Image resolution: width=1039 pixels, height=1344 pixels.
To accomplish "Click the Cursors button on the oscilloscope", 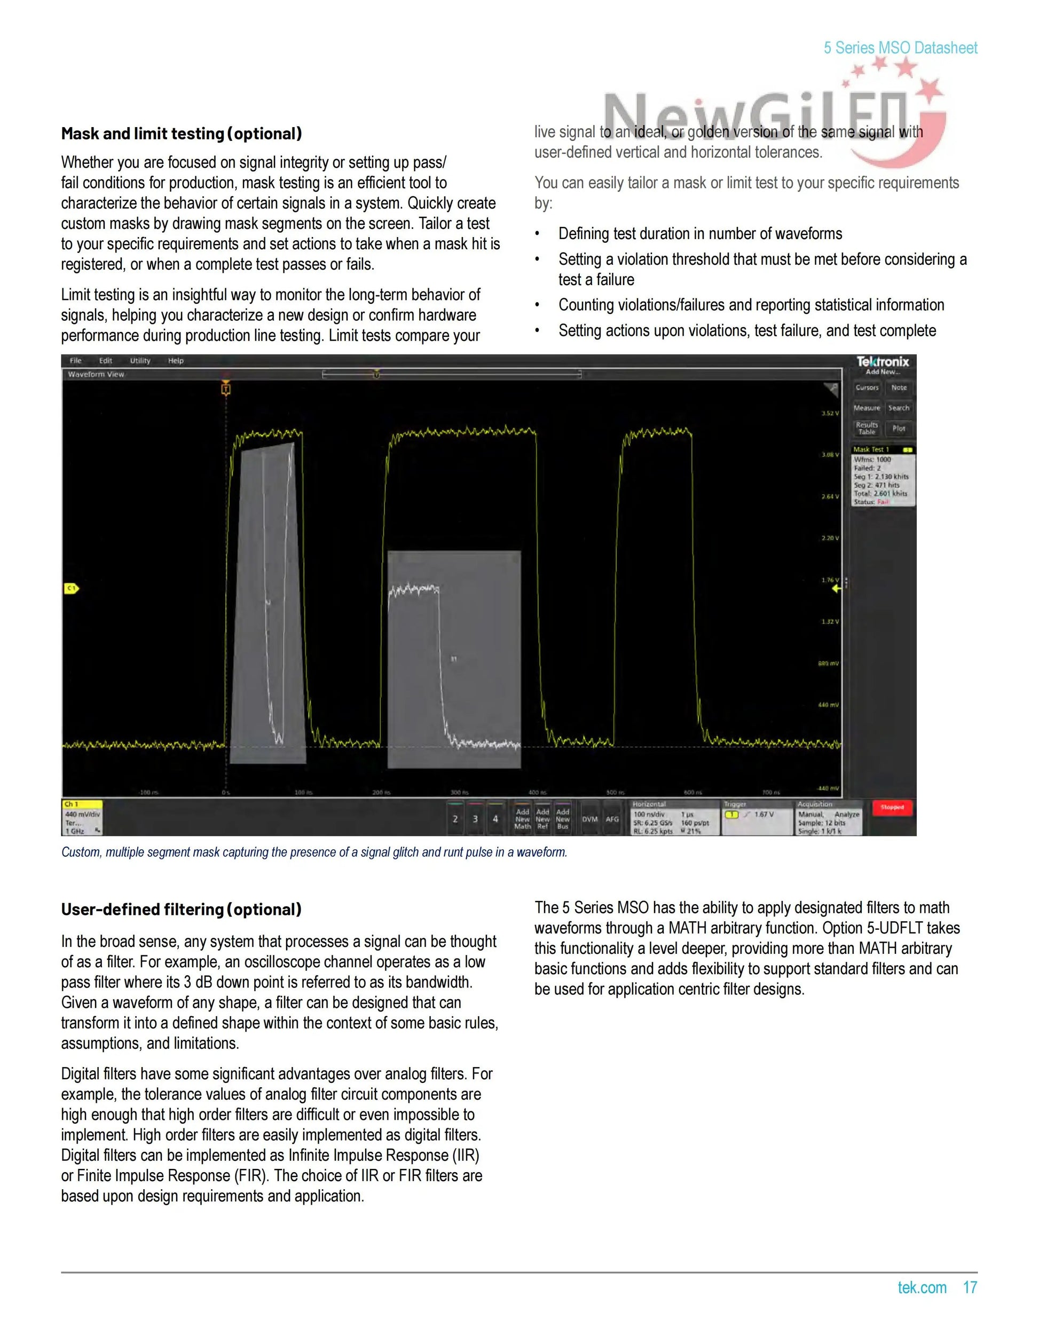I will click(867, 388).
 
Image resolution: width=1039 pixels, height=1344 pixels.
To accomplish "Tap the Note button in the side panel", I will click(899, 388).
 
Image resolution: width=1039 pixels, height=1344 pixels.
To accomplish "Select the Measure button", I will click(867, 408).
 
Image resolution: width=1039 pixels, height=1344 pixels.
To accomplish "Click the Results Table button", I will click(867, 428).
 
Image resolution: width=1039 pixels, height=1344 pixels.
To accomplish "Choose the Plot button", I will click(899, 428).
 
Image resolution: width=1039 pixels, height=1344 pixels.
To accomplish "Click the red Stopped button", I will click(892, 808).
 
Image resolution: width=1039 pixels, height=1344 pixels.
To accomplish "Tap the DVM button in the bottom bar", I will click(589, 819).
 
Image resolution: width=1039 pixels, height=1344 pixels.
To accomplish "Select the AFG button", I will click(612, 819).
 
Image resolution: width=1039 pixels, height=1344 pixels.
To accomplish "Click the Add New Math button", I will click(522, 819).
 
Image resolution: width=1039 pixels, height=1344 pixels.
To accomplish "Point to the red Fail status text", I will click(883, 502).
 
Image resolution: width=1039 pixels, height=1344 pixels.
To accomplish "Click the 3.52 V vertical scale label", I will click(830, 413).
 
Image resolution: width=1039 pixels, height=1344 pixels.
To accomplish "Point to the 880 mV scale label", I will click(829, 663).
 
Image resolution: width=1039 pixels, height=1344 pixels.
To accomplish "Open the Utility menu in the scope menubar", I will click(140, 361).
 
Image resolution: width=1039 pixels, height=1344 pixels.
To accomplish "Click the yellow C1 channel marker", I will click(72, 588).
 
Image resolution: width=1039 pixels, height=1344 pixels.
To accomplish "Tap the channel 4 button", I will click(495, 819).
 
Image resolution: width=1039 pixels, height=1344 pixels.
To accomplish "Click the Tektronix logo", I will click(883, 362).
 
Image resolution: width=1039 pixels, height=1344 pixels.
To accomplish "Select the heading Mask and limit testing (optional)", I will click(182, 133).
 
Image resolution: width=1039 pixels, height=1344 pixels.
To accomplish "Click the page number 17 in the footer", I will click(970, 1287).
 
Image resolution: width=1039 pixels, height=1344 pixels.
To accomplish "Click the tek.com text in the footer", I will click(922, 1287).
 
